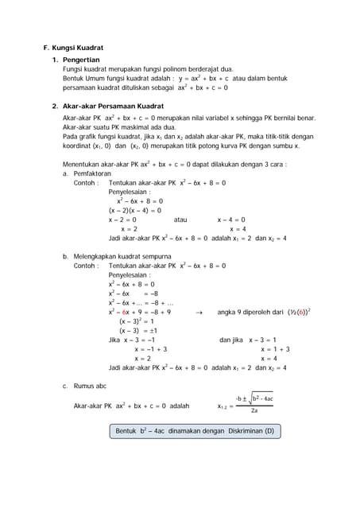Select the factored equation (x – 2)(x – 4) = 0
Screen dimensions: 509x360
coord(134,211)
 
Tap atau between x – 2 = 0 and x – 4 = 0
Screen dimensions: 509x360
coord(180,220)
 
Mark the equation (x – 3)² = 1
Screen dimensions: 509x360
coord(136,321)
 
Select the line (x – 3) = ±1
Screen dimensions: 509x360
coord(138,331)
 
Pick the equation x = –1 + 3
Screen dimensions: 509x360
coord(150,349)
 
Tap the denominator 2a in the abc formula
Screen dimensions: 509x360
coord(254,411)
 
